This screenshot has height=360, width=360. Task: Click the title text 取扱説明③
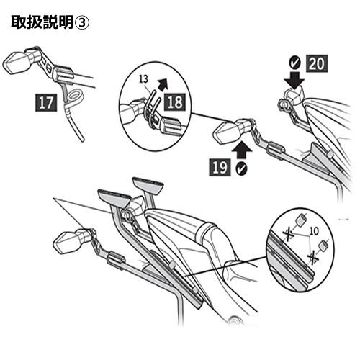click(x=50, y=22)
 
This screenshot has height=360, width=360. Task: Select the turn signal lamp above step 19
click(x=228, y=133)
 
